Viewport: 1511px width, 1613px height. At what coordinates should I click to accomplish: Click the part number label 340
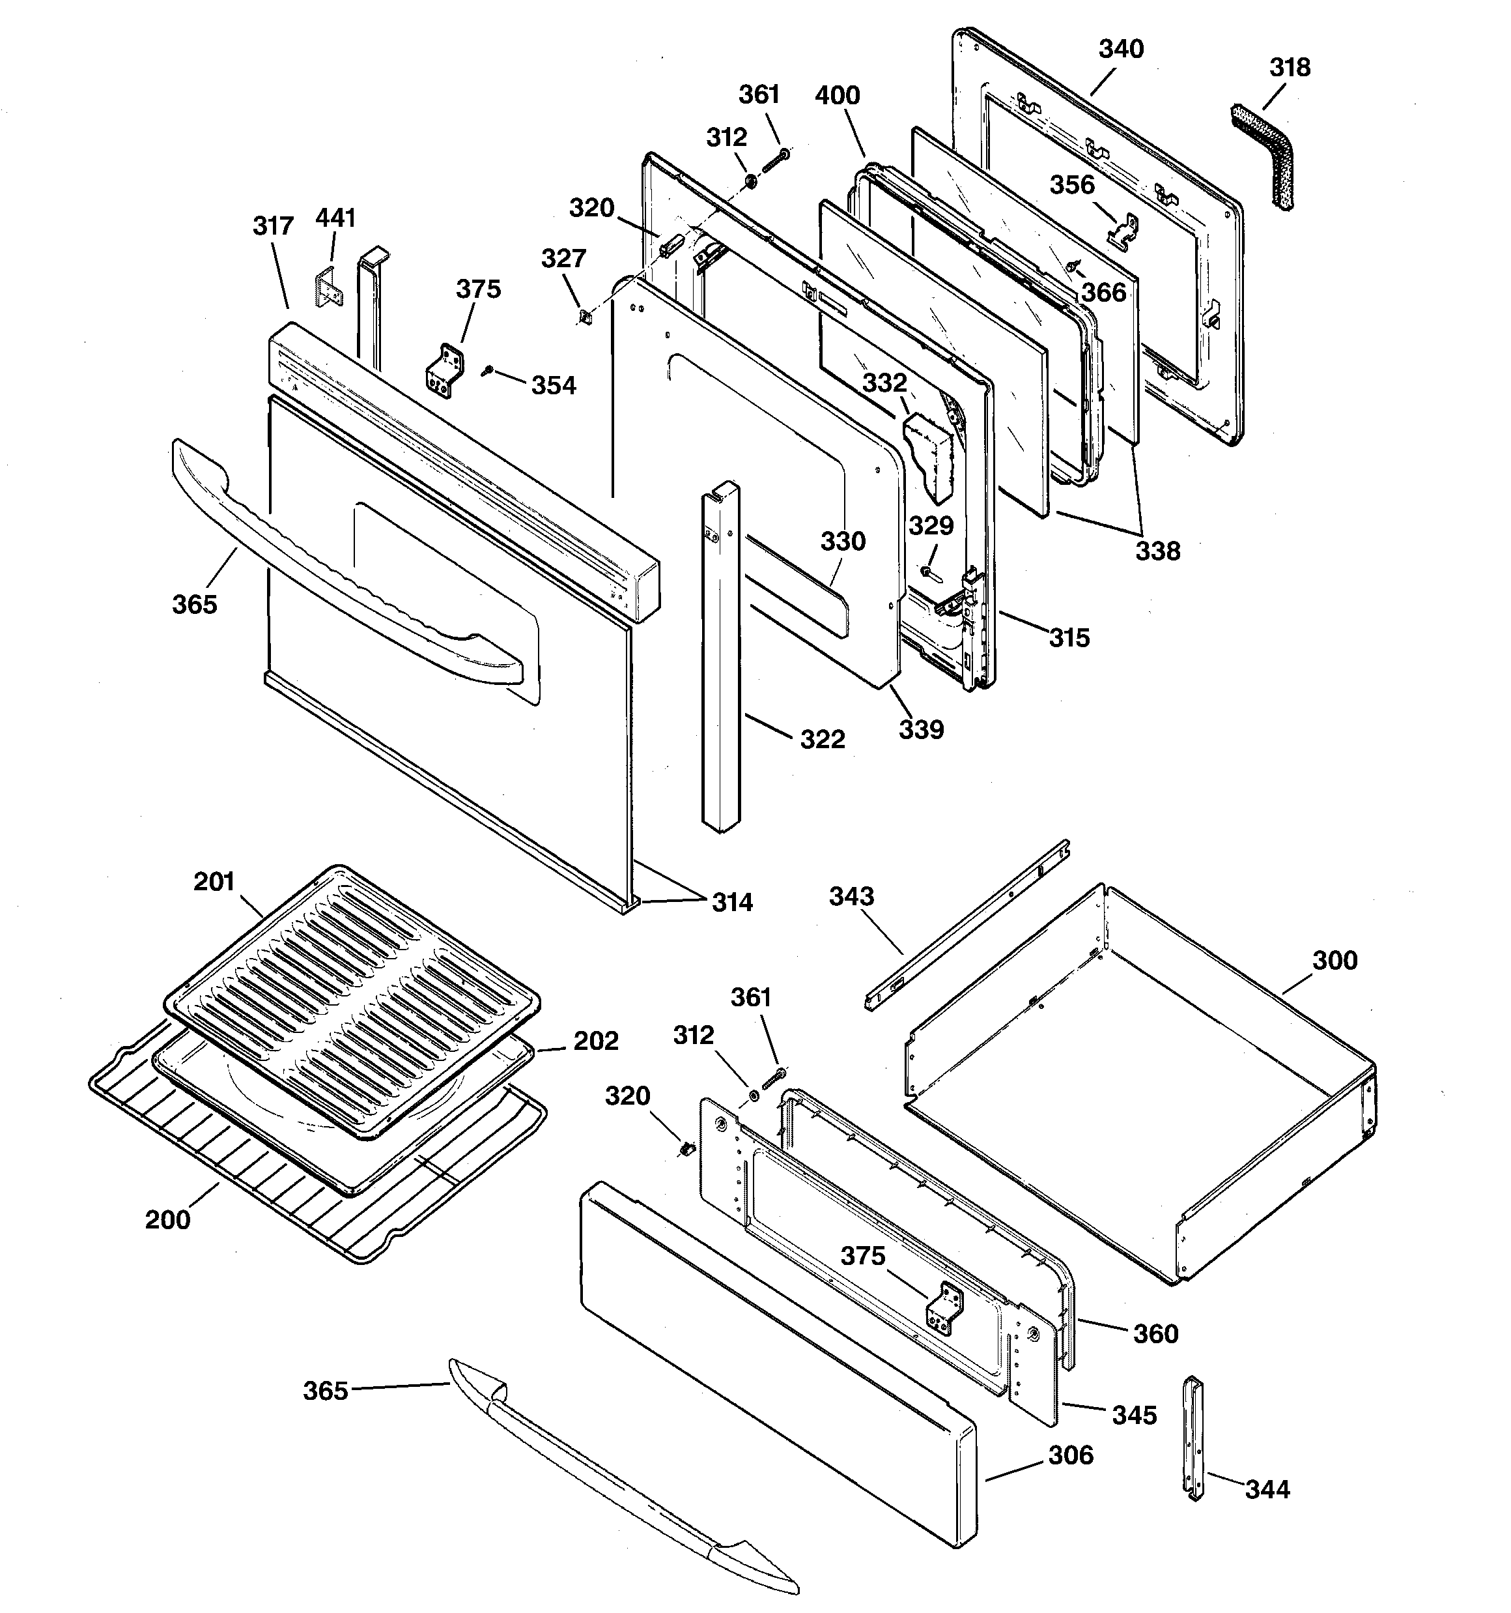pyautogui.click(x=1121, y=50)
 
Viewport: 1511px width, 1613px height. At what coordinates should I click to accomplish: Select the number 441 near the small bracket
pyautogui.click(x=335, y=218)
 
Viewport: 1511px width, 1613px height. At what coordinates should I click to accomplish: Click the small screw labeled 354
pyautogui.click(x=487, y=371)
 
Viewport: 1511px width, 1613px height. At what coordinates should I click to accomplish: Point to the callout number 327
pyautogui.click(x=563, y=259)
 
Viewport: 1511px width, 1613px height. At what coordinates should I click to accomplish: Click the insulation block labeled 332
pyautogui.click(x=930, y=454)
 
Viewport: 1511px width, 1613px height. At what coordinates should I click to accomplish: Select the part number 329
pyautogui.click(x=930, y=526)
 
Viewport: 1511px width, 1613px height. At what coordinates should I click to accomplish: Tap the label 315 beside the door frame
pyautogui.click(x=1069, y=638)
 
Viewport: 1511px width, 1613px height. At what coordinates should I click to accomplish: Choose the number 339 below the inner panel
pyautogui.click(x=920, y=729)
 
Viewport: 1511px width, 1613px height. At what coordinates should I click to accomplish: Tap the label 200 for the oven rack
pyautogui.click(x=167, y=1219)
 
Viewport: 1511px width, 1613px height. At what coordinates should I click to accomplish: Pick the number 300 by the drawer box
pyautogui.click(x=1334, y=961)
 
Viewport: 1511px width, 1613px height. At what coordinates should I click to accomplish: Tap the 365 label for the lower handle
pyautogui.click(x=325, y=1391)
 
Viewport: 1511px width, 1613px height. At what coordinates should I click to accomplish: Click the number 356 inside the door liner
pyautogui.click(x=1072, y=185)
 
